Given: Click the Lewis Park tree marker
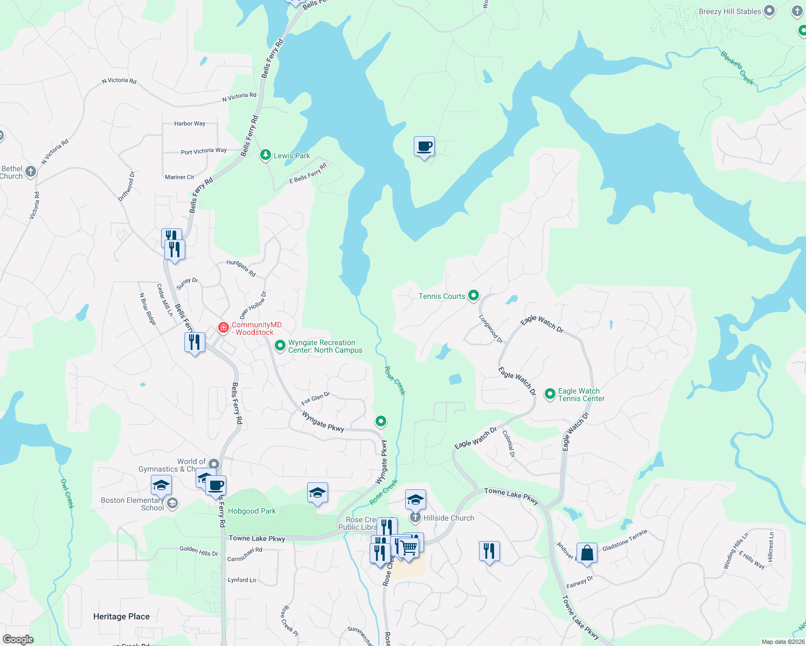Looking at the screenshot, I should (x=265, y=155).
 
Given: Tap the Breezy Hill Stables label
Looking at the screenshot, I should (x=729, y=11).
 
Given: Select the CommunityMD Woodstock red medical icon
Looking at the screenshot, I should (x=223, y=327).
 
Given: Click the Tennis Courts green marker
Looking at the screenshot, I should (x=474, y=295).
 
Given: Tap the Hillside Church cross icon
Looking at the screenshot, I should (x=415, y=518).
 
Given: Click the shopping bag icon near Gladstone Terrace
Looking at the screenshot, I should (x=587, y=553).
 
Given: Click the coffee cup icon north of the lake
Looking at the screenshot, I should (x=424, y=146).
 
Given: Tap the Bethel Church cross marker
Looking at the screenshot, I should (x=31, y=172).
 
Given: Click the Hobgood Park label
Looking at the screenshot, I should (x=252, y=511).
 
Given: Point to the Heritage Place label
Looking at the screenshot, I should (x=121, y=616).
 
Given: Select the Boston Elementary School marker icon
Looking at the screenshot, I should (x=172, y=503).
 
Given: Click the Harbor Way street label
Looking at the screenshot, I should (x=190, y=123).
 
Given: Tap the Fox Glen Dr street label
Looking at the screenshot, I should (x=315, y=398).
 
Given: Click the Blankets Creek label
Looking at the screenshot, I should (x=737, y=67).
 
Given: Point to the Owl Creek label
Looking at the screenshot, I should (x=67, y=494).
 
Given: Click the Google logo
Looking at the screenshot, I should (x=18, y=640).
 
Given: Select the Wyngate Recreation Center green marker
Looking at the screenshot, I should (x=280, y=345).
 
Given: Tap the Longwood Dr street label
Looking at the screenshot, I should (x=491, y=329).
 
